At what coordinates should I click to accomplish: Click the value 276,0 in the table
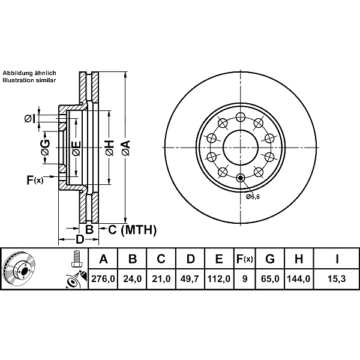pyautogui.click(x=103, y=279)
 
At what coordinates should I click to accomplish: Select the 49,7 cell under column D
pyautogui.click(x=190, y=279)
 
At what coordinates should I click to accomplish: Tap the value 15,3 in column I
pyautogui.click(x=337, y=279)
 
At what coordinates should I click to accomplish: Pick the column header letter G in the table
pyautogui.click(x=270, y=259)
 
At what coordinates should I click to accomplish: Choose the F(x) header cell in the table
pyautogui.click(x=245, y=259)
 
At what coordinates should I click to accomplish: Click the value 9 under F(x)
pyautogui.click(x=245, y=279)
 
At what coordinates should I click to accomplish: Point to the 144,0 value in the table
pyautogui.click(x=299, y=279)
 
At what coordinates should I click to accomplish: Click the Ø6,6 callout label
pyautogui.click(x=253, y=197)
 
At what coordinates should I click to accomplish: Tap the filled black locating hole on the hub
pyautogui.click(x=241, y=178)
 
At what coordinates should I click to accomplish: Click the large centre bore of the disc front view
pyautogui.click(x=241, y=148)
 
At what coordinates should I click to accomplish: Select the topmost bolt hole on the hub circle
pyautogui.click(x=241, y=117)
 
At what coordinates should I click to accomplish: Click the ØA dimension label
pyautogui.click(x=126, y=148)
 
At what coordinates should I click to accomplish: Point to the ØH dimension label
pyautogui.click(x=110, y=148)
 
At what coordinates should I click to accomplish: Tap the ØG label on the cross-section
pyautogui.click(x=45, y=147)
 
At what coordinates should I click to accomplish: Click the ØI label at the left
pyautogui.click(x=30, y=119)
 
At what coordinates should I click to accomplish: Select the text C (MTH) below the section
pyautogui.click(x=132, y=230)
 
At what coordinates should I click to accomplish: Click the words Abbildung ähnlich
pyautogui.click(x=29, y=73)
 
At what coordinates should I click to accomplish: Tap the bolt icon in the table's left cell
pyautogui.click(x=76, y=259)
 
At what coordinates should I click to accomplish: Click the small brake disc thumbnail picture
pyautogui.click(x=19, y=268)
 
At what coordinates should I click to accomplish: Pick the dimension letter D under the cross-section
pyautogui.click(x=80, y=239)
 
